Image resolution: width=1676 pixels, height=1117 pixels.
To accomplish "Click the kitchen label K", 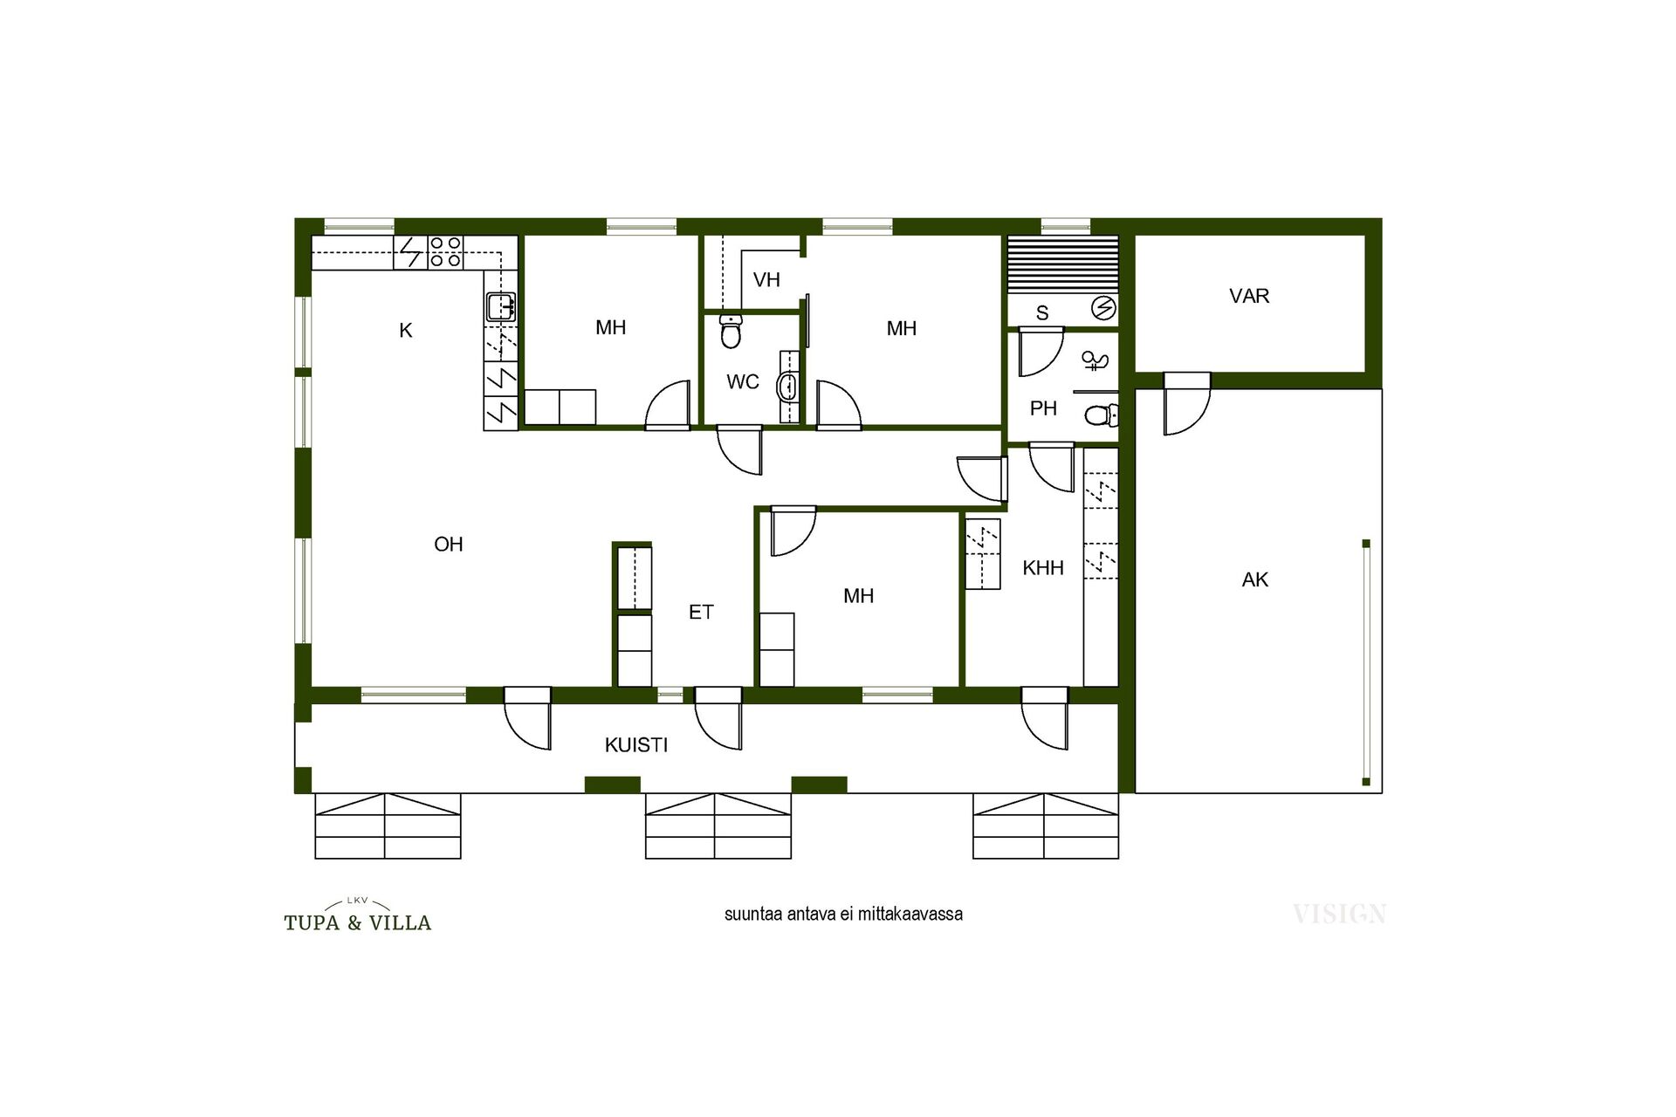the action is pyautogui.click(x=405, y=331).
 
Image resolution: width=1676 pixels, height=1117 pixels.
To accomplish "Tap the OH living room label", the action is pyautogui.click(x=449, y=545).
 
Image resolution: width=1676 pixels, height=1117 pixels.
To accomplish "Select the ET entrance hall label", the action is pyautogui.click(x=701, y=613).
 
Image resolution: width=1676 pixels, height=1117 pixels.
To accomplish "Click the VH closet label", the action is pyautogui.click(x=766, y=280).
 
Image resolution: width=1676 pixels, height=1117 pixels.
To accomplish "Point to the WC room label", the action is pyautogui.click(x=743, y=382).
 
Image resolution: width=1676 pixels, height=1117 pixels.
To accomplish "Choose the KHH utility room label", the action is pyautogui.click(x=1043, y=568).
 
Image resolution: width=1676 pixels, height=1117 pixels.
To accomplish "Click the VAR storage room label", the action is pyautogui.click(x=1249, y=297).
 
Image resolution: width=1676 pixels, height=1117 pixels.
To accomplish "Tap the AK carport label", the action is pyautogui.click(x=1255, y=580).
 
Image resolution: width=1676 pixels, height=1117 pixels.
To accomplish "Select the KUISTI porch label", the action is pyautogui.click(x=636, y=745).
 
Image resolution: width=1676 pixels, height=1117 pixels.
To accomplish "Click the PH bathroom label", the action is pyautogui.click(x=1043, y=408).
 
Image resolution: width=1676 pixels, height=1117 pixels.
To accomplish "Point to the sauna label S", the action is pyautogui.click(x=1042, y=312).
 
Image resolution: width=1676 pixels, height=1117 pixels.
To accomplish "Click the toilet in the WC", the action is pyautogui.click(x=732, y=332).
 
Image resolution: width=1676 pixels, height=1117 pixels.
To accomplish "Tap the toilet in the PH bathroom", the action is pyautogui.click(x=1102, y=415).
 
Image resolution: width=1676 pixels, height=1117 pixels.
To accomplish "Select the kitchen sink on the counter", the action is pyautogui.click(x=501, y=306).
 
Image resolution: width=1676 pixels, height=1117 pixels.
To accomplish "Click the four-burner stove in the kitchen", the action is pyautogui.click(x=445, y=252).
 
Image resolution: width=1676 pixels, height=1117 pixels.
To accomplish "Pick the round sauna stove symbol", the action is pyautogui.click(x=1103, y=308).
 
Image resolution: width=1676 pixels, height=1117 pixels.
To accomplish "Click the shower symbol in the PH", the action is pyautogui.click(x=1095, y=360).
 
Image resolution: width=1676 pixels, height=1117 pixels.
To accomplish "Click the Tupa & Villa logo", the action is pyautogui.click(x=358, y=915).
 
